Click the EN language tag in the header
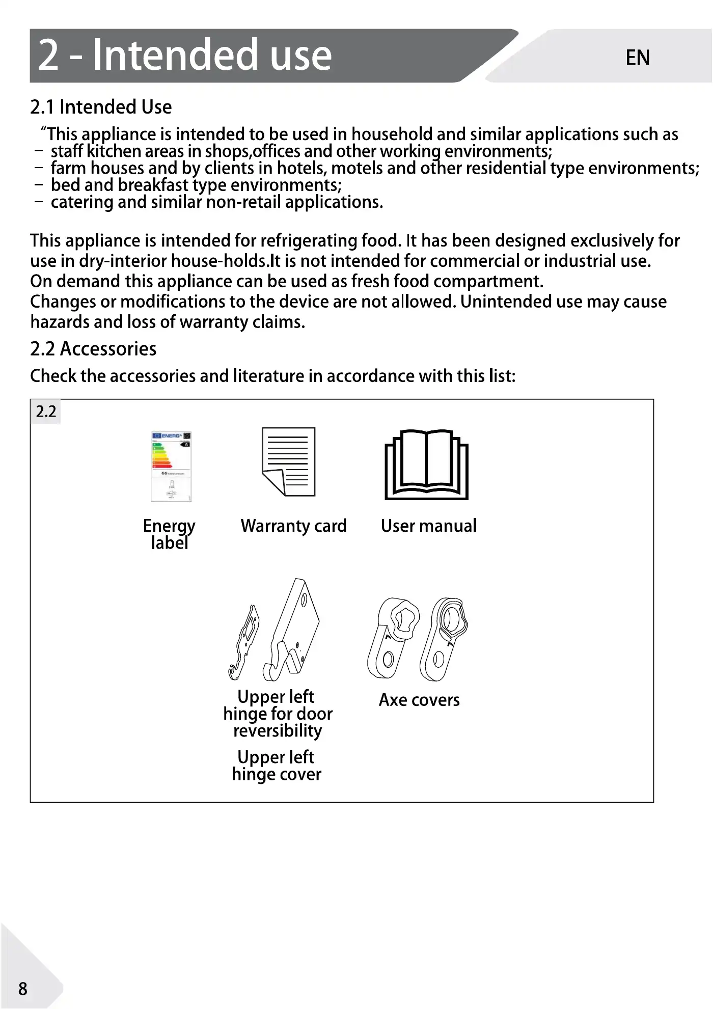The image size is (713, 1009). point(637,58)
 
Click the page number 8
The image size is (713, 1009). point(23,989)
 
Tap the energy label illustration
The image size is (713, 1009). point(171,467)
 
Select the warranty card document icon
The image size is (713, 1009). point(289,461)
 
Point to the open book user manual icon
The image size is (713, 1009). point(426,465)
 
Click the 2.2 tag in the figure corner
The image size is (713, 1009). point(46,412)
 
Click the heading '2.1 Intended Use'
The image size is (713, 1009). point(101,107)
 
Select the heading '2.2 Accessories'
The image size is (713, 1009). point(93,349)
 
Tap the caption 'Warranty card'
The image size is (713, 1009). point(293,526)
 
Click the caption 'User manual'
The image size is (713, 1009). point(429,526)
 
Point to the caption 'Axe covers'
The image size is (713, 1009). point(419,700)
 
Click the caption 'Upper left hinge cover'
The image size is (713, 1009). point(277,766)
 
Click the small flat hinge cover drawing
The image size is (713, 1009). point(244,642)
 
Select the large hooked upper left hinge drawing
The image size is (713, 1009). point(292,630)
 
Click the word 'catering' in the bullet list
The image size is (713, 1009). point(82,202)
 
